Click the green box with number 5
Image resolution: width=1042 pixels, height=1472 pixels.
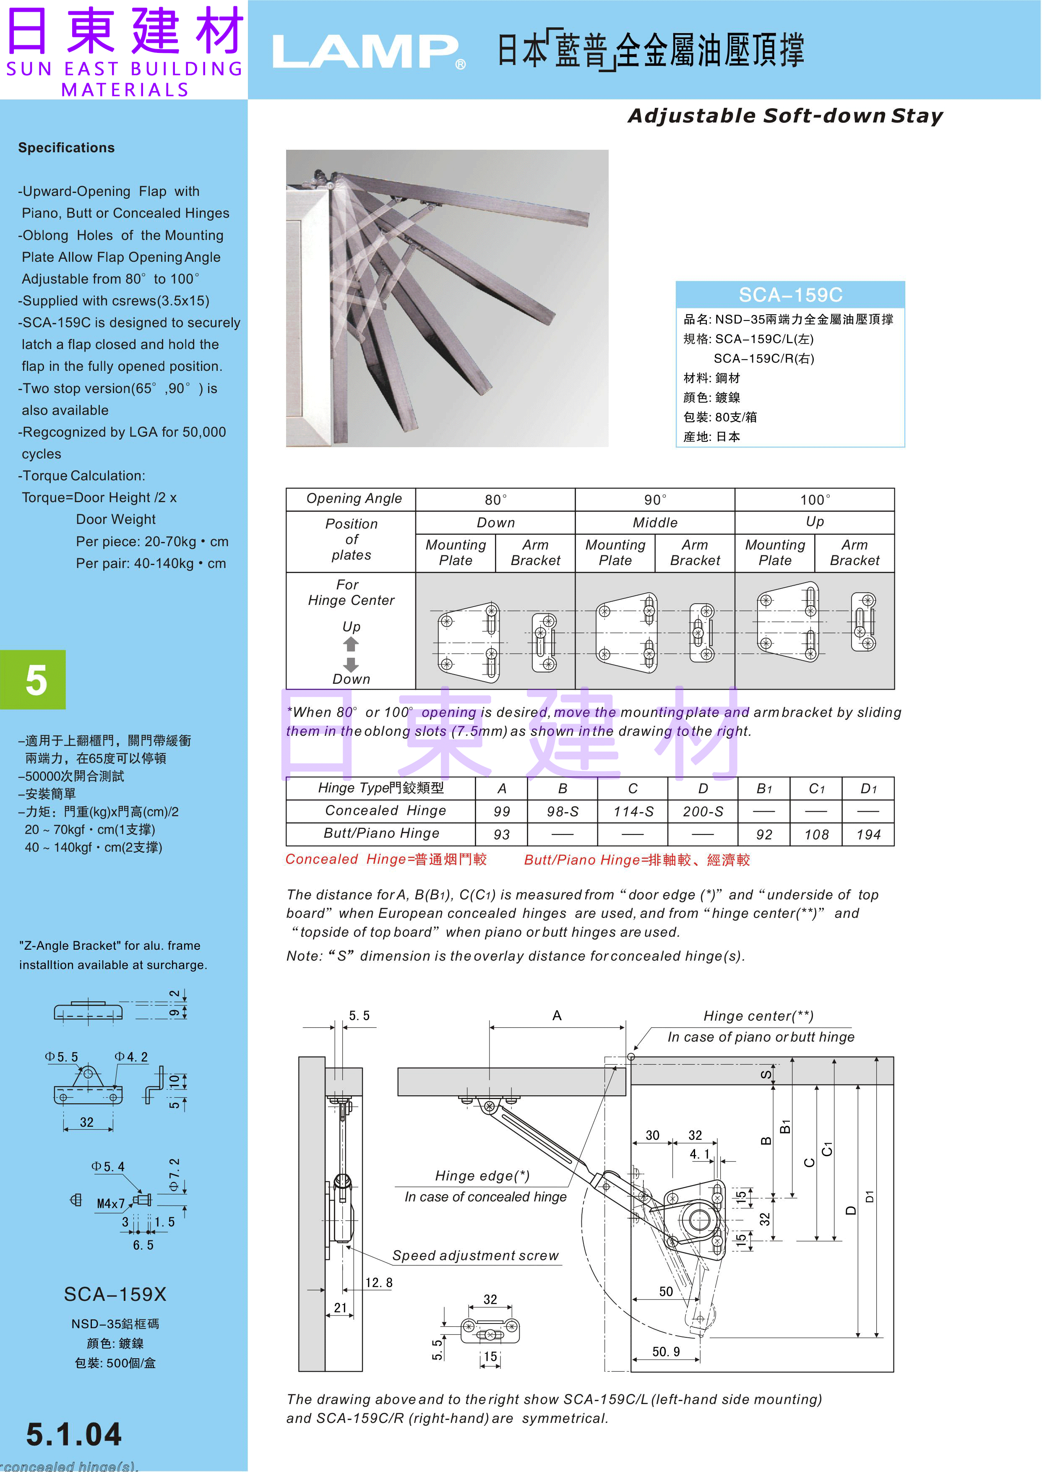[x=34, y=680]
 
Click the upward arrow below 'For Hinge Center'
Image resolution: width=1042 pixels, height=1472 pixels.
[x=351, y=644]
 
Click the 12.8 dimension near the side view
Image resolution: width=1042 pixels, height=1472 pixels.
[x=378, y=1282]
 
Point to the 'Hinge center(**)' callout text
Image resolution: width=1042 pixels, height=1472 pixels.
[x=758, y=1016]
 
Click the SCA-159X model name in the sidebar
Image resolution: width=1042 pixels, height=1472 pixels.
[x=115, y=1294]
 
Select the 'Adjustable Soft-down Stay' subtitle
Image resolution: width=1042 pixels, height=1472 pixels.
[x=785, y=116]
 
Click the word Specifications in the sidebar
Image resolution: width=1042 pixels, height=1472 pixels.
[x=66, y=148]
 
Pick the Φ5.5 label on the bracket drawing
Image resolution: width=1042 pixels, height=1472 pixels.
[x=62, y=1057]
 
